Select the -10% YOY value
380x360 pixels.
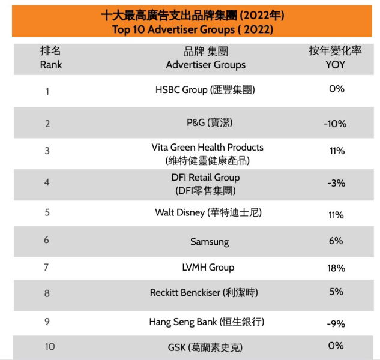[334, 124]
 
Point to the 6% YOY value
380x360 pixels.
[336, 241]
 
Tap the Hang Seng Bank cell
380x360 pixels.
[207, 322]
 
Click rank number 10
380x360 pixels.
[50, 346]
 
